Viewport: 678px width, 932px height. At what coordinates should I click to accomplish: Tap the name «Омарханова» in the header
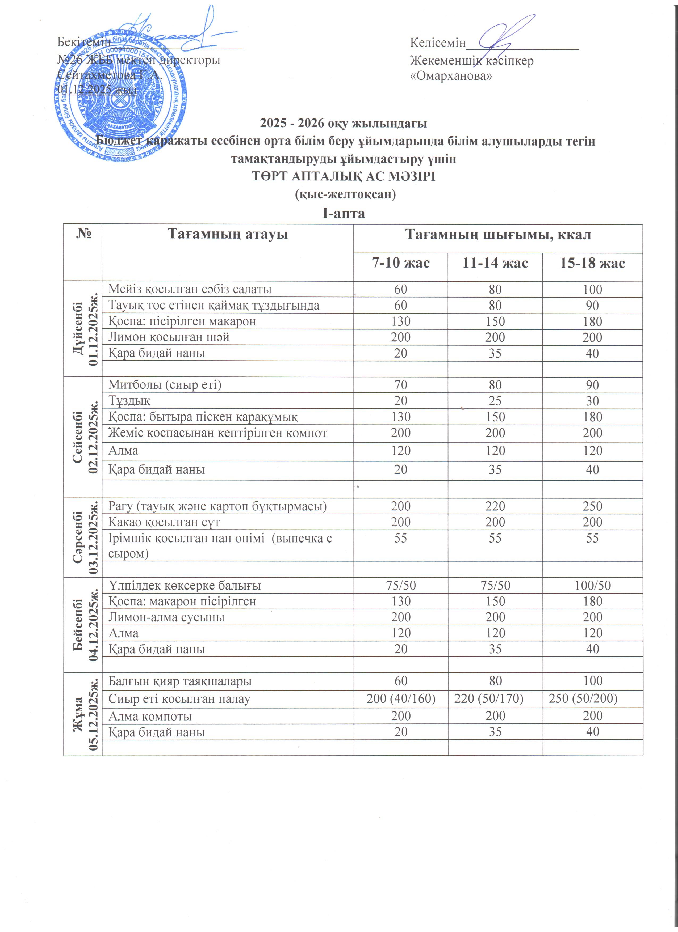[x=451, y=76]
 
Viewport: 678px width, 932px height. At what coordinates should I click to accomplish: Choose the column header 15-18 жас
[x=592, y=263]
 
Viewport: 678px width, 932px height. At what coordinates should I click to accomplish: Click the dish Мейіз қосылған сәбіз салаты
[x=190, y=289]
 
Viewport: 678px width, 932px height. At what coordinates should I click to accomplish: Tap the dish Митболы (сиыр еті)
[x=165, y=385]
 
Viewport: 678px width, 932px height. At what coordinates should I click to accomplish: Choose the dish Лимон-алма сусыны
[x=166, y=617]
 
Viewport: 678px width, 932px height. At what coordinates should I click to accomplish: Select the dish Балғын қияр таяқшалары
[x=180, y=681]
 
